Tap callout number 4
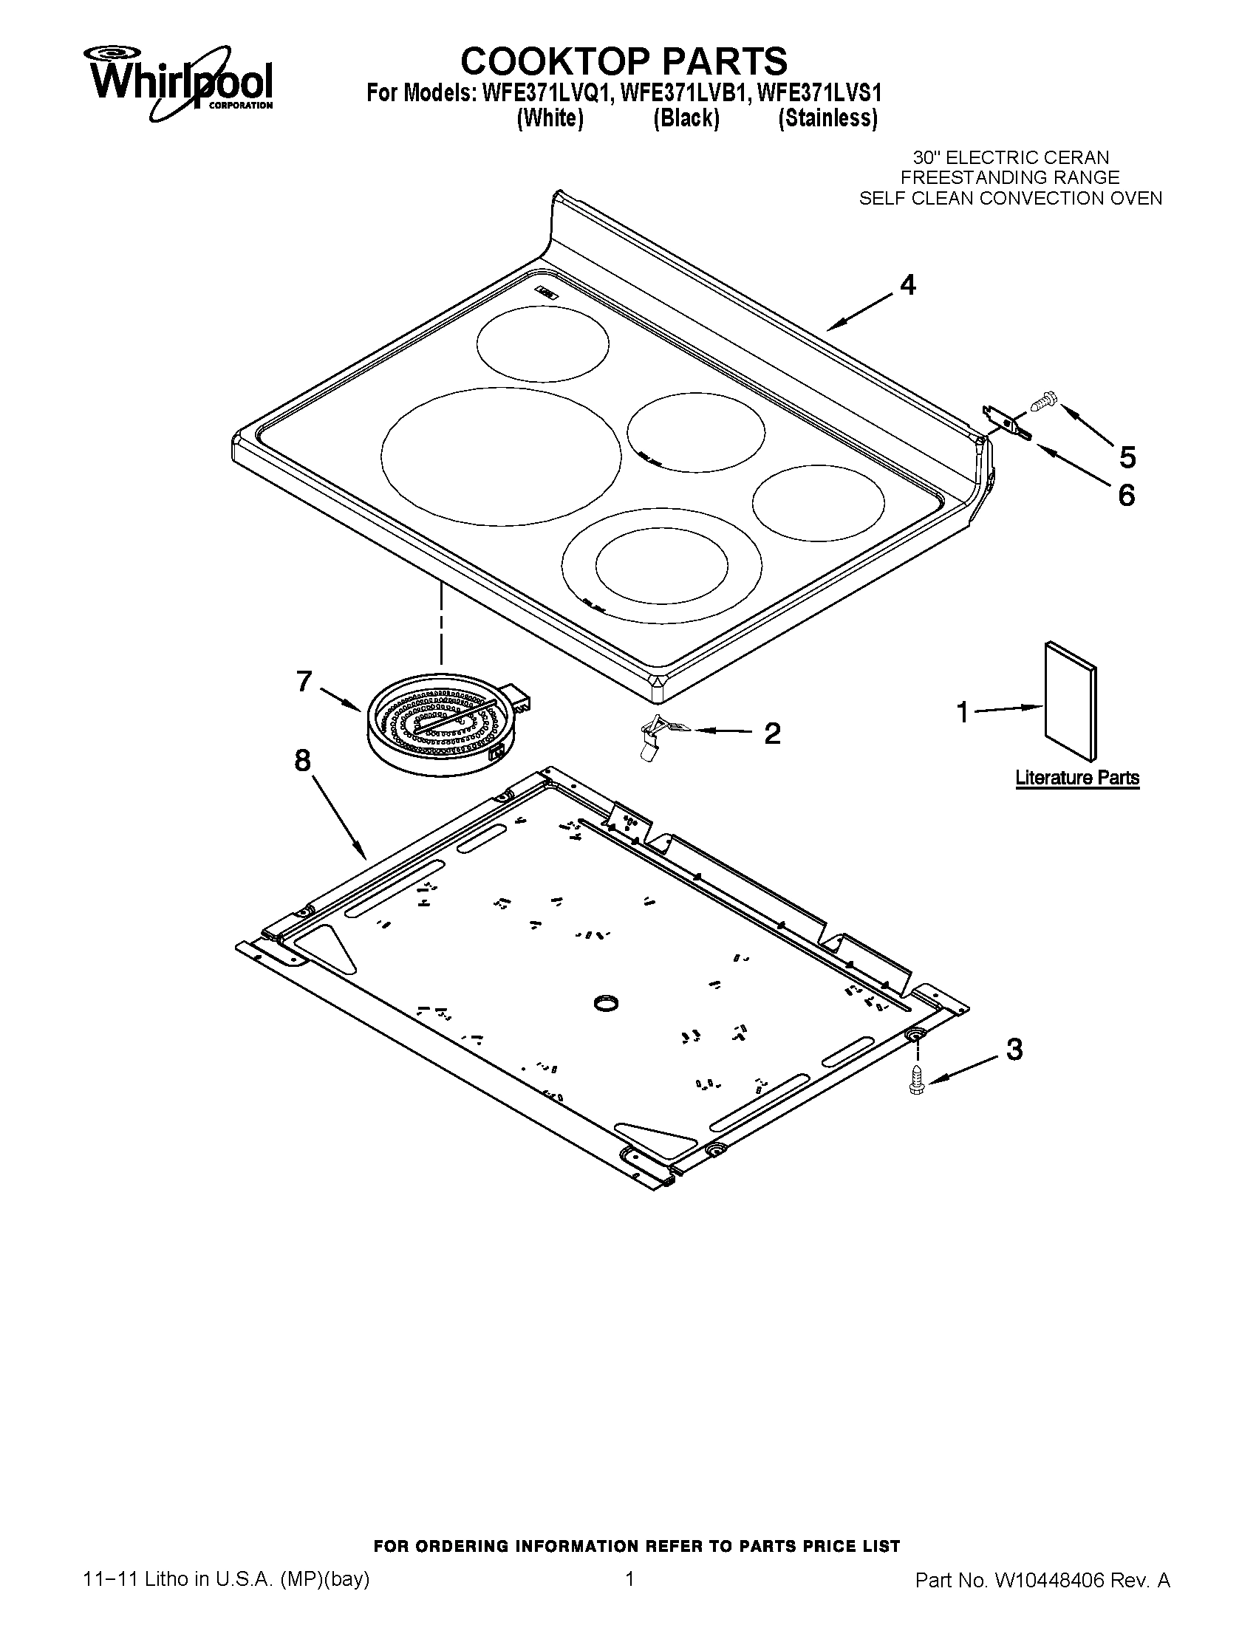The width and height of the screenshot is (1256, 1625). click(908, 285)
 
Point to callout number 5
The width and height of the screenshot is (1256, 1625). click(1127, 456)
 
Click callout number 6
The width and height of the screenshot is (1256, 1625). click(1127, 495)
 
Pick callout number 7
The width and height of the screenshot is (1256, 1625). click(304, 681)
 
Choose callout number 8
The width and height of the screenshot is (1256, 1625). click(302, 760)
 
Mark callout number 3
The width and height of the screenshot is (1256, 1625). click(1014, 1050)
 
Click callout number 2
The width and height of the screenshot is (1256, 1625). click(772, 733)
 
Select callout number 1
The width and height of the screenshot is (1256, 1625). click(963, 713)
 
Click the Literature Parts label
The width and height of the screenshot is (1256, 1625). click(1076, 779)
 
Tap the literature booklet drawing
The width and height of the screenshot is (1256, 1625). click(1070, 702)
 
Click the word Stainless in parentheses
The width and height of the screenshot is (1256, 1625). click(827, 119)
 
